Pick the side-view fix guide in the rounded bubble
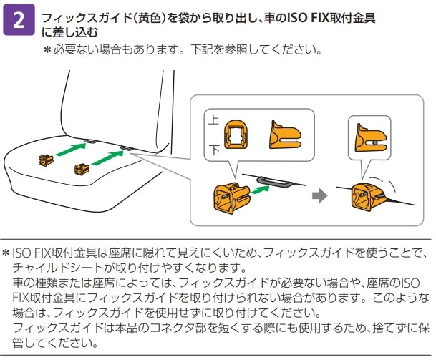coord(285,136)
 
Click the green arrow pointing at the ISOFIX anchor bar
coord(261,190)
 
